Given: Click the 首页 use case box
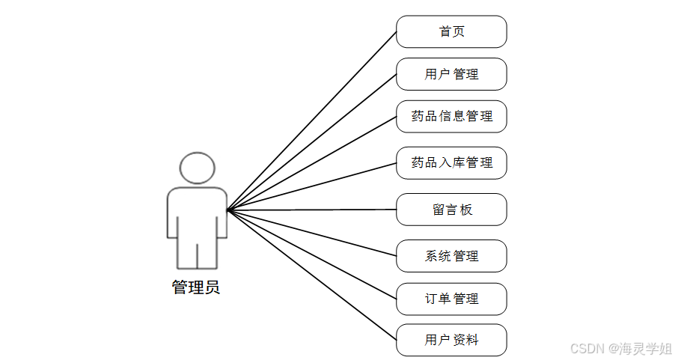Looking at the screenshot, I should (x=451, y=31).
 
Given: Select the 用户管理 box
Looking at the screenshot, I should (x=451, y=74).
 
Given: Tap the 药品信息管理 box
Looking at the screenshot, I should (x=451, y=117).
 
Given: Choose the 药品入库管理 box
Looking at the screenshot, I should (x=451, y=162).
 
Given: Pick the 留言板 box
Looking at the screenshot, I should (x=451, y=210).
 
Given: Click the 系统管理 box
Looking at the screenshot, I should (x=451, y=256).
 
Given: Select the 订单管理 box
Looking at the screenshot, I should (x=451, y=299).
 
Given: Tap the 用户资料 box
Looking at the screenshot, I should (x=451, y=340).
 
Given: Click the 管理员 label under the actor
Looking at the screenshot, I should (x=196, y=287).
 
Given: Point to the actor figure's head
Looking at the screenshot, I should (x=197, y=168).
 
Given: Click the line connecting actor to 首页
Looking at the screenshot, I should (x=312, y=121).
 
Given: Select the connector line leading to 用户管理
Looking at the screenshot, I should (x=312, y=143).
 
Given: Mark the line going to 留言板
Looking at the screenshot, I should (x=312, y=210).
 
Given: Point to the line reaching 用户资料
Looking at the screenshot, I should (x=312, y=275).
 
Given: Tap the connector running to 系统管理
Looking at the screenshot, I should (x=312, y=234).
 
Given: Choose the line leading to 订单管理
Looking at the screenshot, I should (x=312, y=254).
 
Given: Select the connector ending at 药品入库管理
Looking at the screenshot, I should (x=312, y=187).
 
